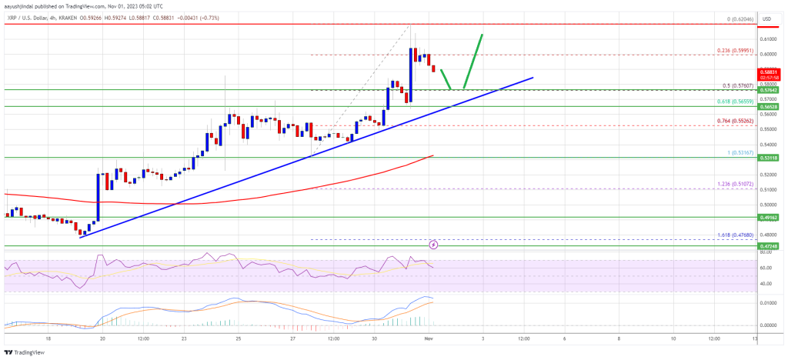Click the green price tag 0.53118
point(770,157)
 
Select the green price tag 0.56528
point(770,106)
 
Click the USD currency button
point(767,17)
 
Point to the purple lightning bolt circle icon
point(434,245)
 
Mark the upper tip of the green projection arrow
point(482,35)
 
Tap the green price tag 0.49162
point(770,218)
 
